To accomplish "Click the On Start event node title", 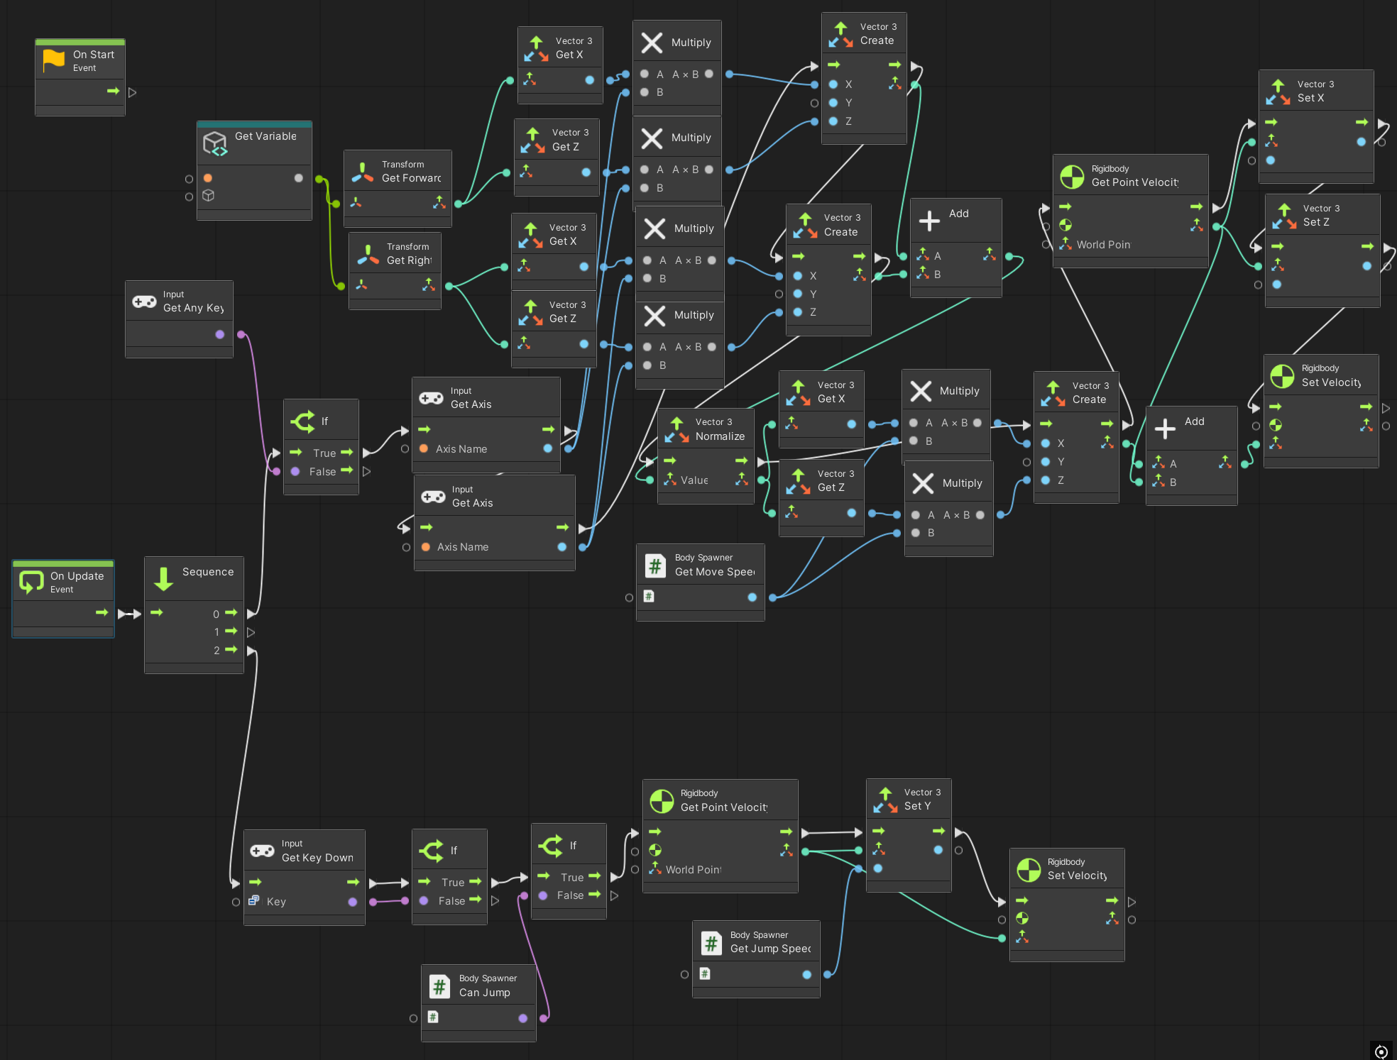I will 93,55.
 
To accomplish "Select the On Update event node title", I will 77,576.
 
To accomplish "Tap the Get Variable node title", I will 265,136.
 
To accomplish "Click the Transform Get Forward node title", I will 411,178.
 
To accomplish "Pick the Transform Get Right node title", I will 409,260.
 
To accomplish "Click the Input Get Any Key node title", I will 193,308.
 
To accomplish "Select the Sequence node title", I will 207,572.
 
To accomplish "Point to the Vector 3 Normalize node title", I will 720,436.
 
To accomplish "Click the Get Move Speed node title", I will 714,572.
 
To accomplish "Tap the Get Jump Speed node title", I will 770,949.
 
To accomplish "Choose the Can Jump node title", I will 484,993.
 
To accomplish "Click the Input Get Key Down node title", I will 317,858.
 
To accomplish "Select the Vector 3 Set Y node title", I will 917,806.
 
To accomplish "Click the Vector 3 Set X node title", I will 1310,98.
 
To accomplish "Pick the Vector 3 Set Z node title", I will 1316,222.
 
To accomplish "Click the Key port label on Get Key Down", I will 276,902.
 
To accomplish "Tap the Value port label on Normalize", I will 694,480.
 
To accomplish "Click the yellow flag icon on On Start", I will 54,60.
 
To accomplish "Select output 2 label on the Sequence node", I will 217,650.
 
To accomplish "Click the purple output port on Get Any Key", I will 220,334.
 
